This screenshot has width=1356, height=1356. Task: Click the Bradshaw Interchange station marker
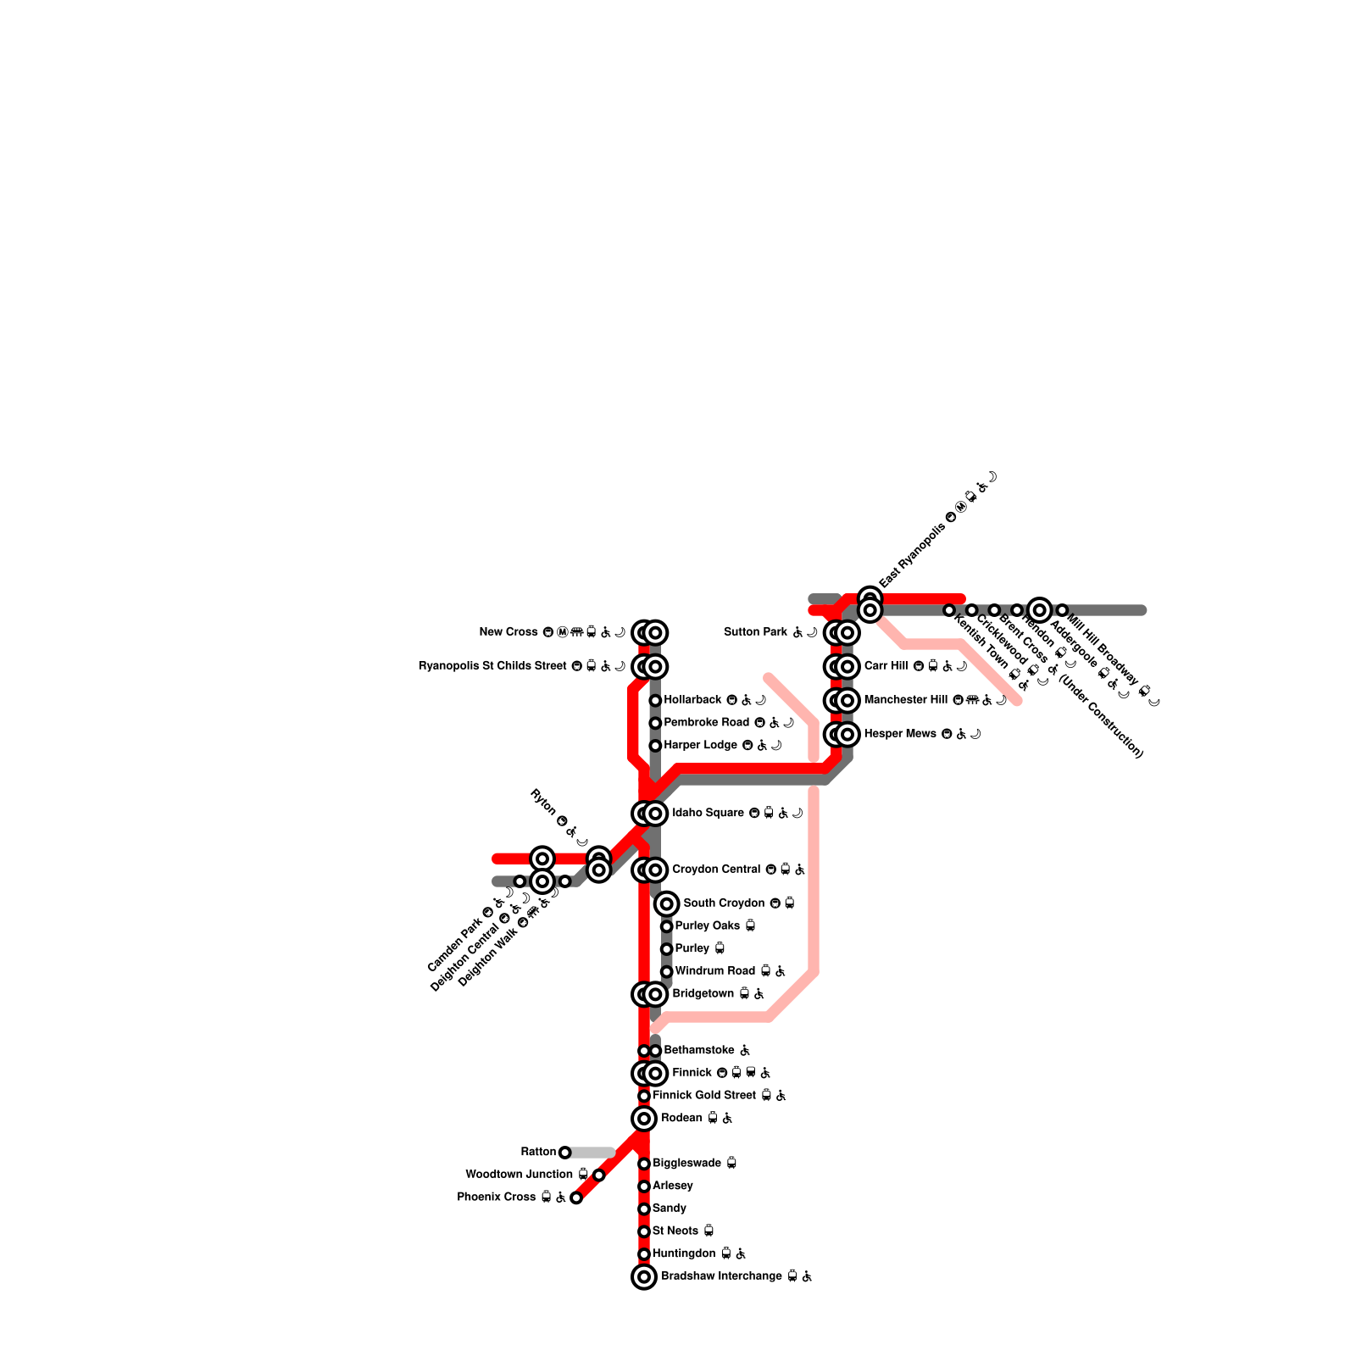(x=644, y=1276)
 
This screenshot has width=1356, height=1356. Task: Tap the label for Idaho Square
(x=708, y=814)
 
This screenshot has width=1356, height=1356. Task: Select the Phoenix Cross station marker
(x=576, y=1198)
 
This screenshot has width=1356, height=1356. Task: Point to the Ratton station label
(x=538, y=1152)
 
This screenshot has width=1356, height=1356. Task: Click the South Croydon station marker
(x=667, y=903)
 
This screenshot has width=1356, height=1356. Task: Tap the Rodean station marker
(x=644, y=1119)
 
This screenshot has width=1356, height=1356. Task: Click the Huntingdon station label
(x=684, y=1253)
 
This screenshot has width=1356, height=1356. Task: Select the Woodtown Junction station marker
(x=599, y=1175)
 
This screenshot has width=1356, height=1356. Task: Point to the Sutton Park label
(x=756, y=632)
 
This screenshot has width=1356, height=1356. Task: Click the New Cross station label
(x=508, y=632)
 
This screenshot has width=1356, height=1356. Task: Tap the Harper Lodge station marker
(x=655, y=746)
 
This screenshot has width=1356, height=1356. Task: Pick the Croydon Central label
(x=717, y=870)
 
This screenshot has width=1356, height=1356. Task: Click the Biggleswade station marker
(x=644, y=1164)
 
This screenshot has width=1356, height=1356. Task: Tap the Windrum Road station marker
(x=667, y=971)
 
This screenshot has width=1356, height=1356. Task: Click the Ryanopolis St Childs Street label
(x=492, y=666)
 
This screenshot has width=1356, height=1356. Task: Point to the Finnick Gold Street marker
(x=644, y=1096)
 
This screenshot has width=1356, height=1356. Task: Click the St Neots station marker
(x=644, y=1231)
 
